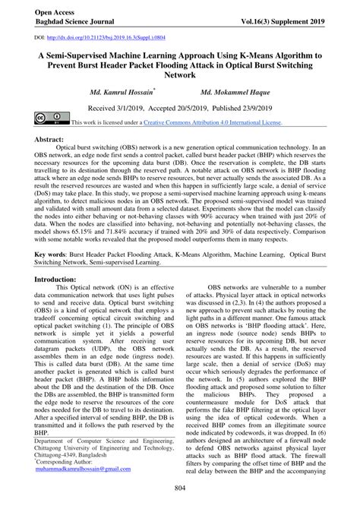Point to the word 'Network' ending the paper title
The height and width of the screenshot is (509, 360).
[180, 76]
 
